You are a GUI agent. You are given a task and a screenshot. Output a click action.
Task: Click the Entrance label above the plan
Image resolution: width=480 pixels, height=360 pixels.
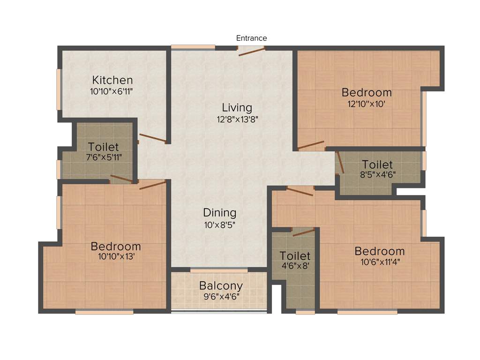coord(251,38)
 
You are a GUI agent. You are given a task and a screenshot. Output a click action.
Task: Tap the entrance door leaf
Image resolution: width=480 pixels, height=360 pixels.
coord(252,51)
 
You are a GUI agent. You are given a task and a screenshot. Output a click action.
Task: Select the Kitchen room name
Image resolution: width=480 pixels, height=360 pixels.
coord(112,80)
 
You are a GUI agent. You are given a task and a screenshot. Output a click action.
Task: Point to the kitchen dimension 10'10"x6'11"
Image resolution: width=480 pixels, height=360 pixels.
coord(112,91)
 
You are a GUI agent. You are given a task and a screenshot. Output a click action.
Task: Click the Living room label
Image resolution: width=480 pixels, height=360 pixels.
coord(237,108)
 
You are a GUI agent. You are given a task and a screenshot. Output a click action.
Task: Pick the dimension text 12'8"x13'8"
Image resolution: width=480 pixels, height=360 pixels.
coord(237,119)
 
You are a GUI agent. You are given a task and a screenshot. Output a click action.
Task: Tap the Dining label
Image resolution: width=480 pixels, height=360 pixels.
coord(219,213)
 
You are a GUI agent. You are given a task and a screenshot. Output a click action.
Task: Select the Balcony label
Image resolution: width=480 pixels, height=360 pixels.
coord(221,285)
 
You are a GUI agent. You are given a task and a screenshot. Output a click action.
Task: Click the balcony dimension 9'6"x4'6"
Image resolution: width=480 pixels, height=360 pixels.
coord(221,296)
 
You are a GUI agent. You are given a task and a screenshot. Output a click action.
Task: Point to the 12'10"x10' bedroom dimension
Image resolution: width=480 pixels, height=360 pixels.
coord(367,104)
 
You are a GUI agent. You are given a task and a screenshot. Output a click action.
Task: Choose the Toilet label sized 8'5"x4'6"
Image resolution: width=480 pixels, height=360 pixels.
coord(377,165)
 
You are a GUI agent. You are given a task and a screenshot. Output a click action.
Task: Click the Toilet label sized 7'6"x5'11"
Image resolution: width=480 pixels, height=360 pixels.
coord(104,147)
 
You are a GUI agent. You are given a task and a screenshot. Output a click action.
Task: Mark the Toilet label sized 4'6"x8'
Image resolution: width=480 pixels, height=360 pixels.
coord(295,256)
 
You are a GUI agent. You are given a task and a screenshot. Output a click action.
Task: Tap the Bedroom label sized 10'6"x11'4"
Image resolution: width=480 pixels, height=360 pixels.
coord(379,251)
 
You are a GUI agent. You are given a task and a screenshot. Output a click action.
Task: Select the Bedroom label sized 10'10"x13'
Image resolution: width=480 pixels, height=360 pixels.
coord(116,246)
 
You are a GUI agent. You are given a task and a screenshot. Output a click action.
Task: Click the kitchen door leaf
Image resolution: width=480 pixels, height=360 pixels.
coord(152,138)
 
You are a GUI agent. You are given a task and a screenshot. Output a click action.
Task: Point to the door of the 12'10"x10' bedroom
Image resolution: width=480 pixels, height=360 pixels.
coord(310,145)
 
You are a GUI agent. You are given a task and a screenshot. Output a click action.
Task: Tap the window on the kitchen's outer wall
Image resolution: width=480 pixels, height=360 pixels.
coord(59,89)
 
